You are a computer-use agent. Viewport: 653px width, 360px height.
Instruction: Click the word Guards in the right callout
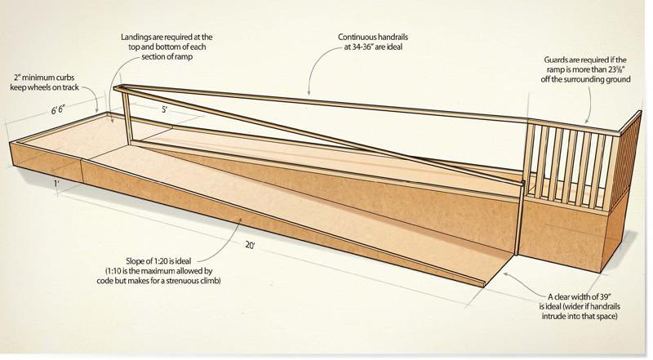click(x=556, y=60)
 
